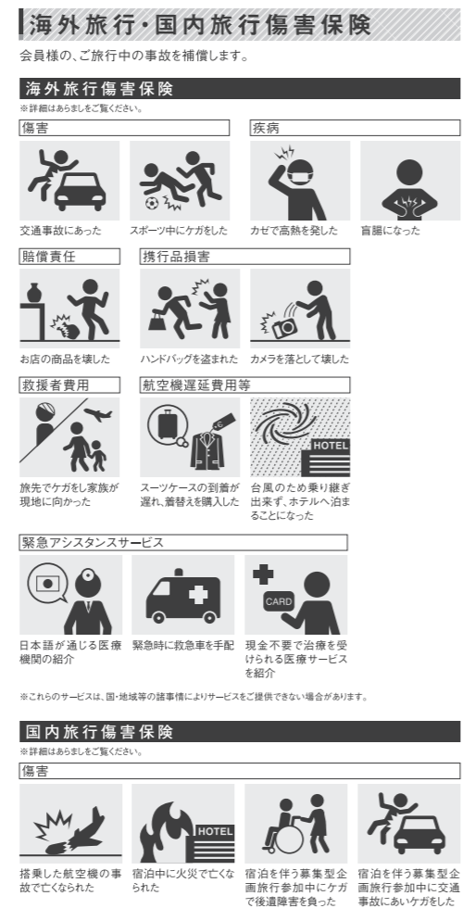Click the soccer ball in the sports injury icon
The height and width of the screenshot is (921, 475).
(152, 203)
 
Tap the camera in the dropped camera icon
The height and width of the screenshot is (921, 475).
(285, 328)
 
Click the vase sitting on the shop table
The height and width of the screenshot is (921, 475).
(33, 291)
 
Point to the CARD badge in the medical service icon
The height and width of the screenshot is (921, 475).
(279, 601)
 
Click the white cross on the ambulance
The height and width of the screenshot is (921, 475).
(196, 595)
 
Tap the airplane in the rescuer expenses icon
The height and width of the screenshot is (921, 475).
(99, 413)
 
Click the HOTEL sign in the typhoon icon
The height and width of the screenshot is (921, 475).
(331, 446)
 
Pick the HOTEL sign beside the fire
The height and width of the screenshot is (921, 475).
(215, 831)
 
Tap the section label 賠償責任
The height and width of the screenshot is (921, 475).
(49, 257)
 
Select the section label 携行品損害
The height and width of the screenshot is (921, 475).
(176, 257)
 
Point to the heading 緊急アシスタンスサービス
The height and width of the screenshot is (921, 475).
(93, 542)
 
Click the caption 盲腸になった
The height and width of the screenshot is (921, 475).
(391, 231)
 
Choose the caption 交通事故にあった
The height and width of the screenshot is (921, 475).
(60, 231)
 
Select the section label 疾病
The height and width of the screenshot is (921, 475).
(266, 128)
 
